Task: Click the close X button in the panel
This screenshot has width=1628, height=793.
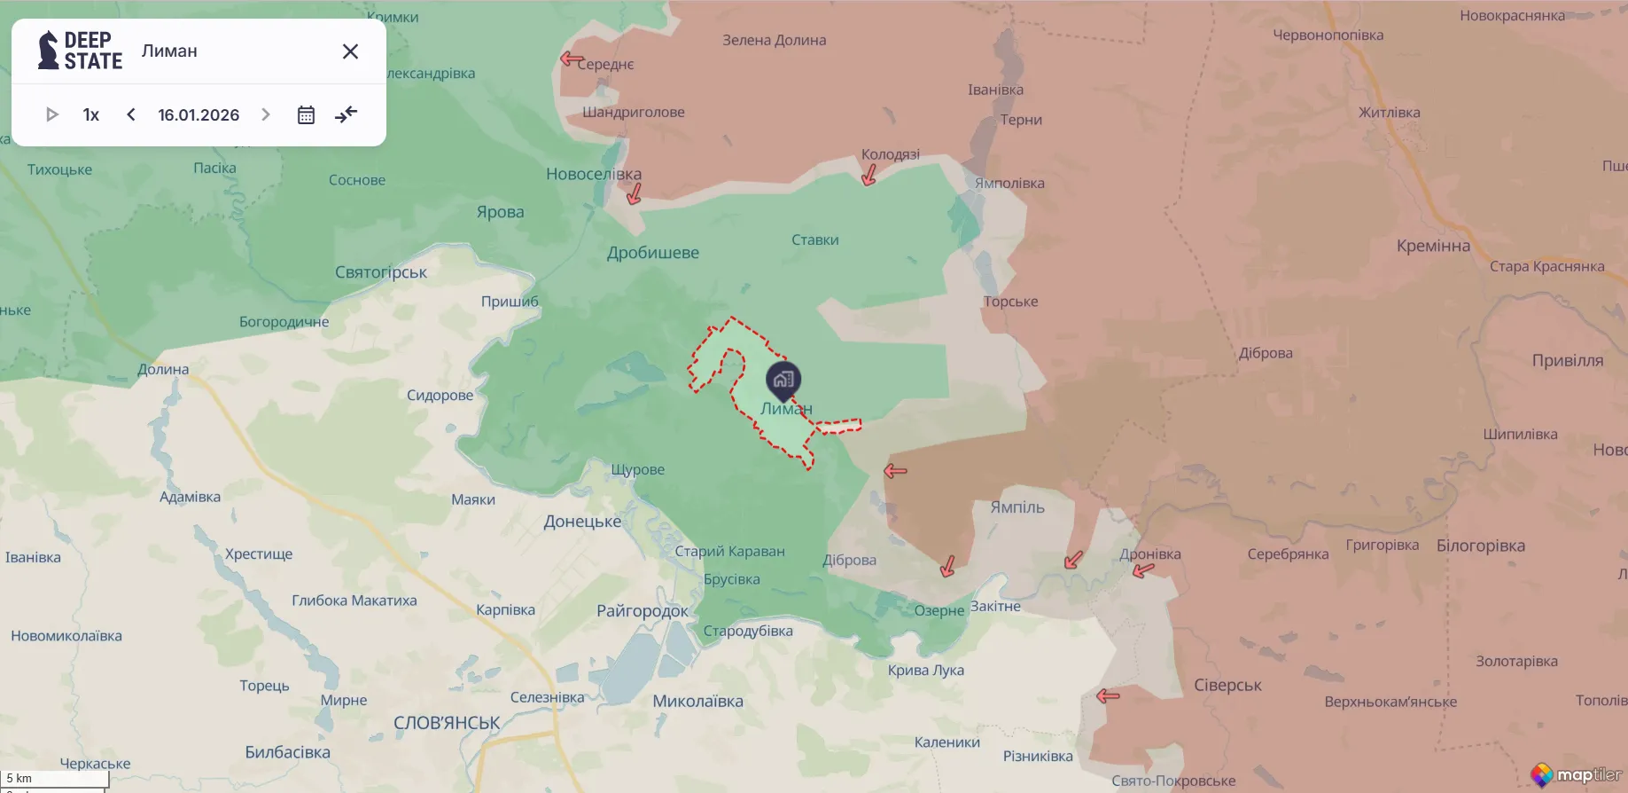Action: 350,51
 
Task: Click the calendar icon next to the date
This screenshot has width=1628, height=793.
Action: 306,114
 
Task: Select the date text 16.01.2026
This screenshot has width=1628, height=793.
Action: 199,114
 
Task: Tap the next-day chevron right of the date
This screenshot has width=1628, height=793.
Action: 265,114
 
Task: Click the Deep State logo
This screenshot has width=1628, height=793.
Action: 80,51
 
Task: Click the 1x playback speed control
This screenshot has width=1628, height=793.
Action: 90,114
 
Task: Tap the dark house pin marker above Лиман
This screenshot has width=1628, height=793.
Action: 783,381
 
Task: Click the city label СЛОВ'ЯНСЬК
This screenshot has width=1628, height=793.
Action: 447,723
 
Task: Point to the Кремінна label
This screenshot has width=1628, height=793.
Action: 1433,246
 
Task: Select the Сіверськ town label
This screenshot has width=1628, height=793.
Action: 1227,685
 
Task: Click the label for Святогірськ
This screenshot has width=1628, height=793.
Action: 381,272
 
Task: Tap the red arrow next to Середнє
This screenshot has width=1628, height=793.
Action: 571,59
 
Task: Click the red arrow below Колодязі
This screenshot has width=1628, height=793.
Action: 869,176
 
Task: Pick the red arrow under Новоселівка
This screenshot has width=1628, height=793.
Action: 634,194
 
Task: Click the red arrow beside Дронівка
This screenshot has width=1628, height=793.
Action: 1143,570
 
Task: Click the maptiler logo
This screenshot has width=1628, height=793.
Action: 1577,774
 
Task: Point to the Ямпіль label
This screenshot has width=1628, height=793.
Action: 1017,507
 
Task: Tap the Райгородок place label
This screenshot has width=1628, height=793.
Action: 643,610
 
